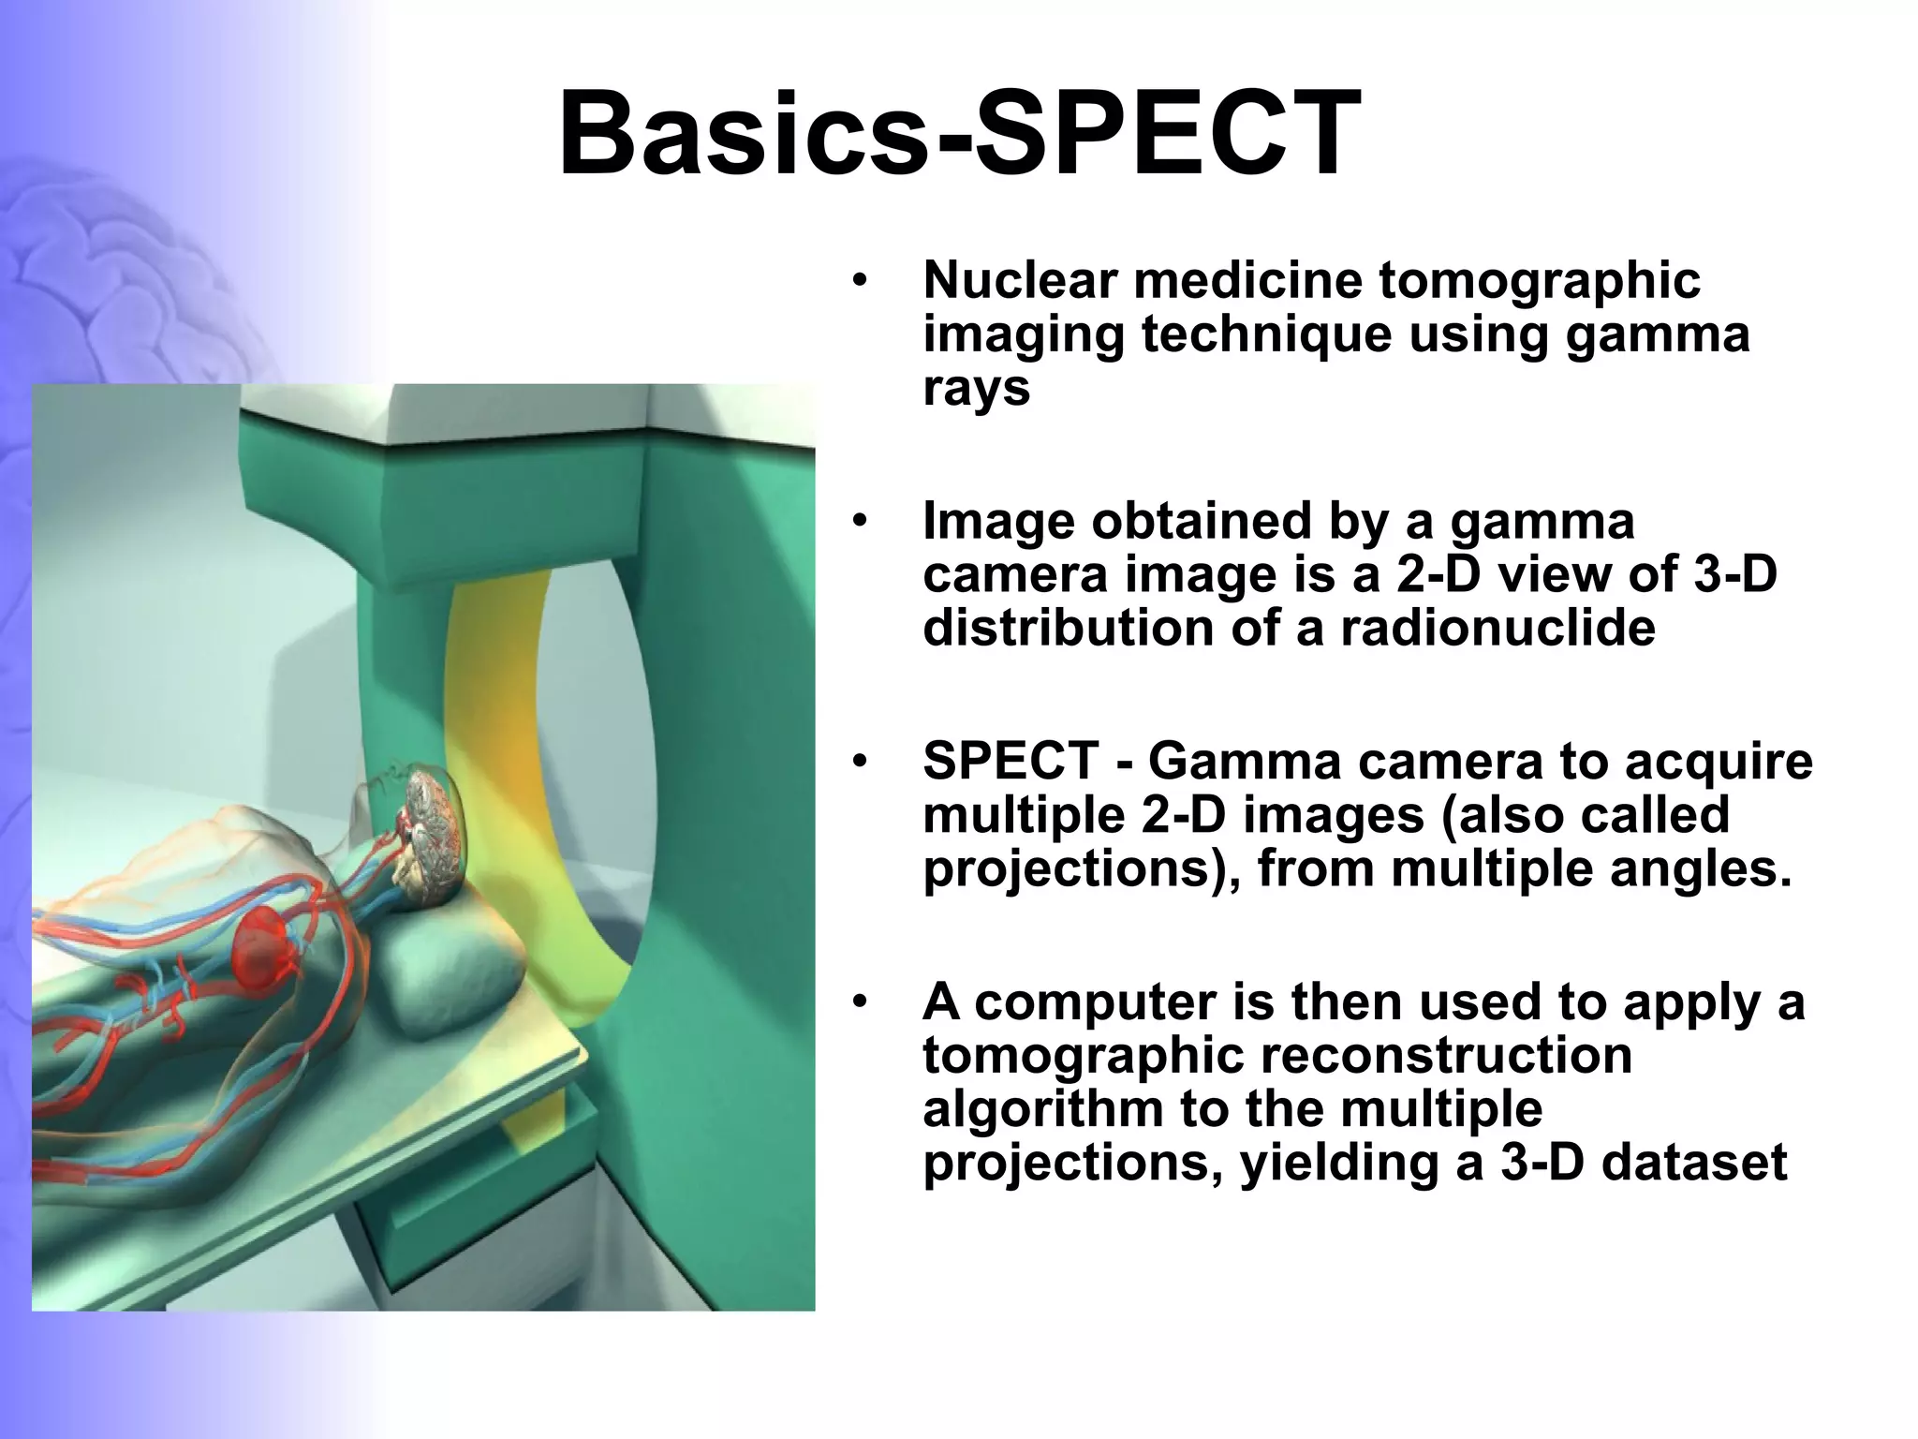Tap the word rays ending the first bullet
point(976,389)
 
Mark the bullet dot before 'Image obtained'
point(860,521)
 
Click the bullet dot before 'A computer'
point(860,1002)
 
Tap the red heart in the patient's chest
point(267,942)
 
